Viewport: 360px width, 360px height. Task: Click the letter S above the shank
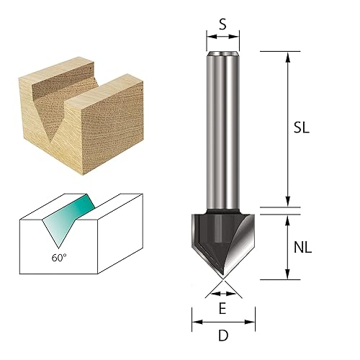tap(222, 24)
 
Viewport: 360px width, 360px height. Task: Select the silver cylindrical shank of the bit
tap(222, 130)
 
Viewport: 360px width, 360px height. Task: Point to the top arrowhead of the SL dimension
tap(288, 55)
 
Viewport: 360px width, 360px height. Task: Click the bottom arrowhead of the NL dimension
tap(288, 275)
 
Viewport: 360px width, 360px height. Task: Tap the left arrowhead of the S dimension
tap(210, 37)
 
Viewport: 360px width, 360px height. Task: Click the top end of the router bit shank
tap(222, 53)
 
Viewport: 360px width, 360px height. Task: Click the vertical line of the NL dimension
tap(288, 245)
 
